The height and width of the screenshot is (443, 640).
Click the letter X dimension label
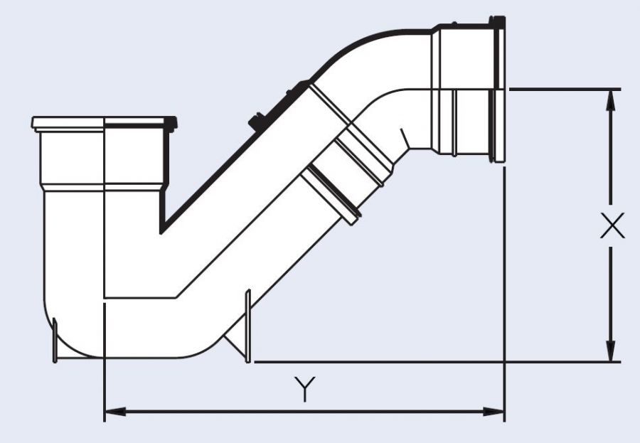click(611, 227)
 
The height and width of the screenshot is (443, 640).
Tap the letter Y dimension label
click(304, 390)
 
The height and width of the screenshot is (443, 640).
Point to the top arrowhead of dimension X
click(610, 100)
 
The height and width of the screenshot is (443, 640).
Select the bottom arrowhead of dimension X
click(610, 351)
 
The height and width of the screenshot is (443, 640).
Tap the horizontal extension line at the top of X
click(562, 89)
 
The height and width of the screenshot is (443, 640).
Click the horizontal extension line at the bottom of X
click(427, 361)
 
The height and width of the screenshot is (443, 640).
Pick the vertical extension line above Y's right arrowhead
click(504, 284)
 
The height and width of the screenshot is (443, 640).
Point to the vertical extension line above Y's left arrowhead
click(105, 356)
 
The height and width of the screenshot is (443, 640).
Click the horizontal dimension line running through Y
click(213, 411)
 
